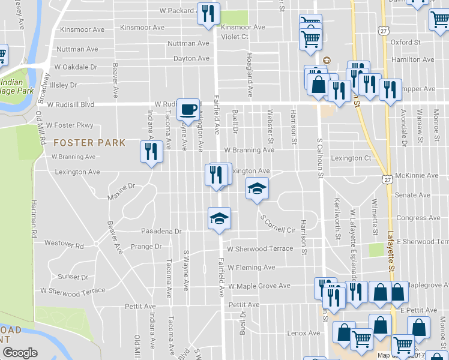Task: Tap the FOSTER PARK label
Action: pyautogui.click(x=89, y=143)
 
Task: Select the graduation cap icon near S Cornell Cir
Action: pyautogui.click(x=256, y=189)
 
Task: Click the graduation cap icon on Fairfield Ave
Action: pyautogui.click(x=219, y=218)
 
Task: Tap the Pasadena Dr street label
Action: pyautogui.click(x=161, y=231)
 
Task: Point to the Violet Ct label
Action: pyautogui.click(x=235, y=36)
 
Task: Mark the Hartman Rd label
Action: pyautogui.click(x=34, y=217)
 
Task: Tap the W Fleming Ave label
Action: pyautogui.click(x=251, y=268)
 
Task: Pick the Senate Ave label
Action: pyautogui.click(x=413, y=195)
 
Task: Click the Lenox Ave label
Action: pyautogui.click(x=304, y=333)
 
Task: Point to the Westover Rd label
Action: pyautogui.click(x=64, y=245)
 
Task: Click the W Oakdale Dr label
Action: pyautogui.click(x=76, y=67)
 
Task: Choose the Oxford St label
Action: pyautogui.click(x=406, y=43)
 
